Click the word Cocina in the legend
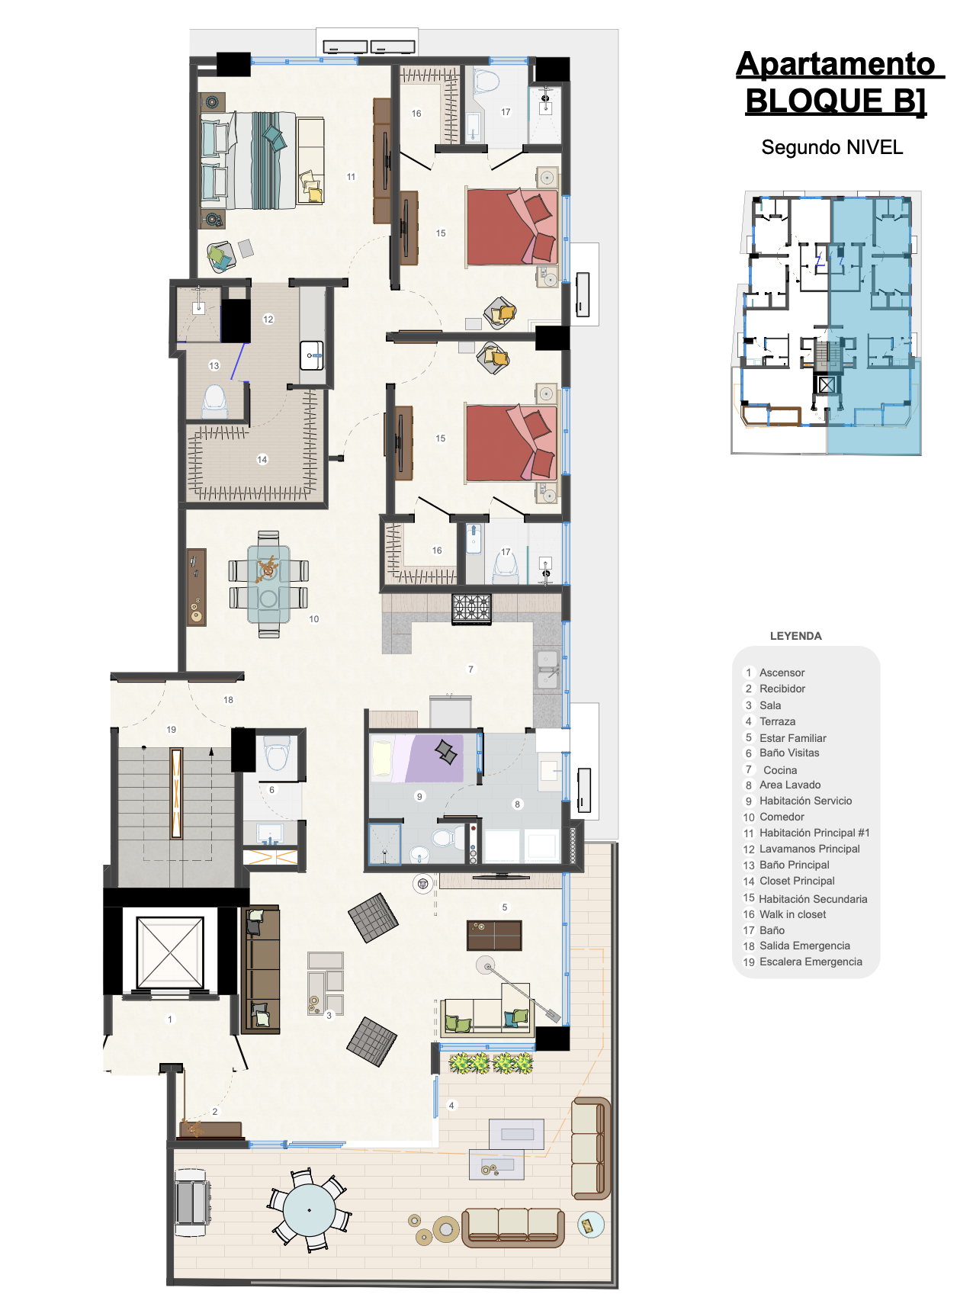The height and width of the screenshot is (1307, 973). (780, 770)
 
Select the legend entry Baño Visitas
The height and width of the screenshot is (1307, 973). (789, 753)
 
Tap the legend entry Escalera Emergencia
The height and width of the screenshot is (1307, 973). (811, 962)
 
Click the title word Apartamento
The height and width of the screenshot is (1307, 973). (836, 64)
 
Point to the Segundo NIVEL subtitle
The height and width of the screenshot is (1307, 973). (832, 147)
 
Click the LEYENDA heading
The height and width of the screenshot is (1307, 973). (795, 636)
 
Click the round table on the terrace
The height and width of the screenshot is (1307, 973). (309, 1209)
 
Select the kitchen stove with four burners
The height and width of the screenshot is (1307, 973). (471, 609)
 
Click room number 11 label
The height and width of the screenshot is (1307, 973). (351, 177)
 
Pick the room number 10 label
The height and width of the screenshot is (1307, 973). (314, 619)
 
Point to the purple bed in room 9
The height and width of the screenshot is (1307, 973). (417, 758)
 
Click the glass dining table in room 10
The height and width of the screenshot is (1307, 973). (268, 584)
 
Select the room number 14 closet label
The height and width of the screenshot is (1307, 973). (262, 460)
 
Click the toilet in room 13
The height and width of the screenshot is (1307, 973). (214, 400)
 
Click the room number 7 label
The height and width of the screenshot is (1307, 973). (470, 670)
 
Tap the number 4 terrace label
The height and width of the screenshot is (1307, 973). (451, 1106)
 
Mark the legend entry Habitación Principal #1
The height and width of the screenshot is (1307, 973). (814, 833)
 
